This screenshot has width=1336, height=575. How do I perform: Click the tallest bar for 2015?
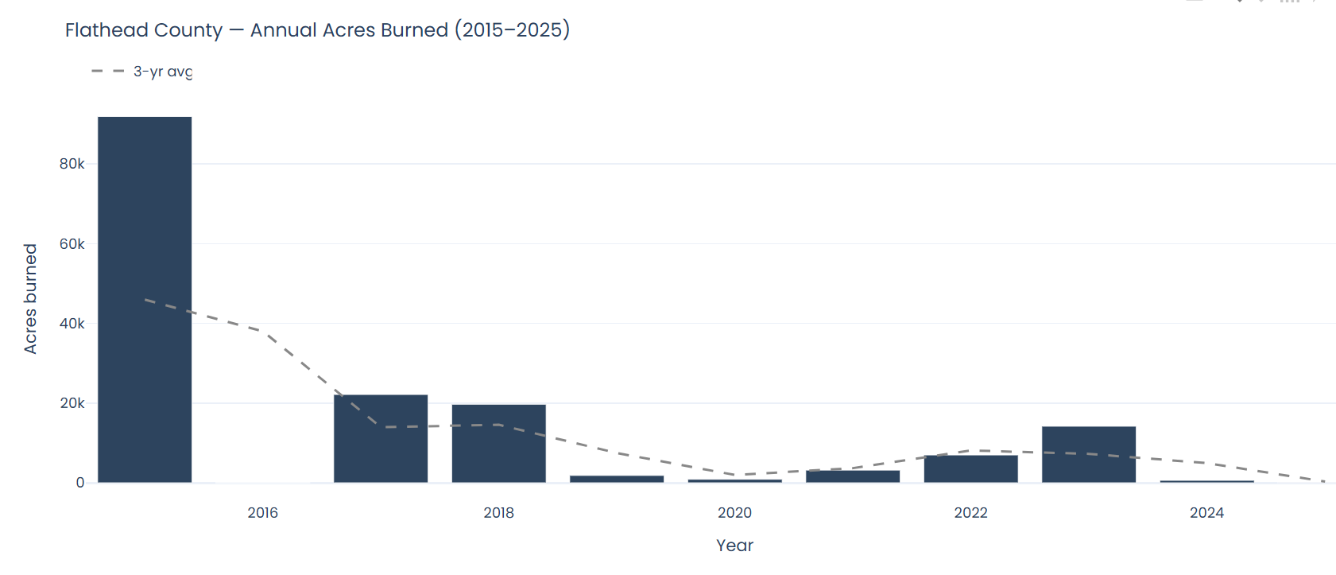tap(145, 299)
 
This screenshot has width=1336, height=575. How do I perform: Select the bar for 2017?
tap(381, 438)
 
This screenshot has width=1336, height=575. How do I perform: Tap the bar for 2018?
tap(498, 443)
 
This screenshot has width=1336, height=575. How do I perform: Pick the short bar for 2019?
tap(617, 479)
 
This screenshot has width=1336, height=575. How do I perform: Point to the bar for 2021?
tap(853, 476)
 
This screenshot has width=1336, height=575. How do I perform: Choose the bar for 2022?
tap(970, 468)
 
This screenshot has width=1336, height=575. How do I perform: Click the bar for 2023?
tap(1089, 454)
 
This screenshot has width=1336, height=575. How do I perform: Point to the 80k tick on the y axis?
tap(72, 164)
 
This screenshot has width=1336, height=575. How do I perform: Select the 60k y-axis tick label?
tap(72, 244)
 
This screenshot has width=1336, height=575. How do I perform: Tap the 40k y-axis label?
tap(72, 324)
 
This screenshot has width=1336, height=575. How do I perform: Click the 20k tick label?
tap(72, 403)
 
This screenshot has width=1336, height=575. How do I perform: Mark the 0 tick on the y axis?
tap(80, 483)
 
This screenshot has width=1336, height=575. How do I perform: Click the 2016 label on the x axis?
tap(262, 513)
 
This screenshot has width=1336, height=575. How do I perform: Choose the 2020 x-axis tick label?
tap(734, 513)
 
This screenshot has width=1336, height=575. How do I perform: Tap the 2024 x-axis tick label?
tap(1206, 513)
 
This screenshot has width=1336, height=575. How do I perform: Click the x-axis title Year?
tap(734, 546)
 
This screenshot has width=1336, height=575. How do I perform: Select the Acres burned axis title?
tap(30, 298)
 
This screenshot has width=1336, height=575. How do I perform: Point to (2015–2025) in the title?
tap(512, 30)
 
